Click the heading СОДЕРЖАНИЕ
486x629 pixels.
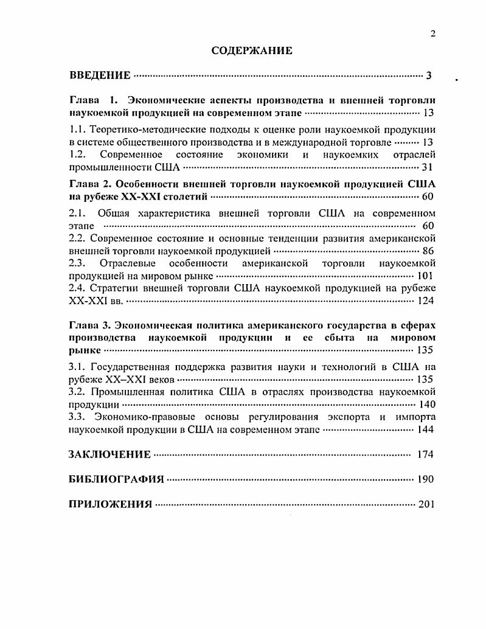pyautogui.click(x=251, y=51)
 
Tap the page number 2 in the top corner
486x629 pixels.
pyautogui.click(x=432, y=34)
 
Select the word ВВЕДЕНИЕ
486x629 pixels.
pyautogui.click(x=100, y=76)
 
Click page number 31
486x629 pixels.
pyautogui.click(x=427, y=167)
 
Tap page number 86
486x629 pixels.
pyautogui.click(x=427, y=251)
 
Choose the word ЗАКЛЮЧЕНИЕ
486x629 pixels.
pyautogui.click(x=109, y=454)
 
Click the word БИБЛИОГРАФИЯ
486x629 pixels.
pyautogui.click(x=117, y=479)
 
